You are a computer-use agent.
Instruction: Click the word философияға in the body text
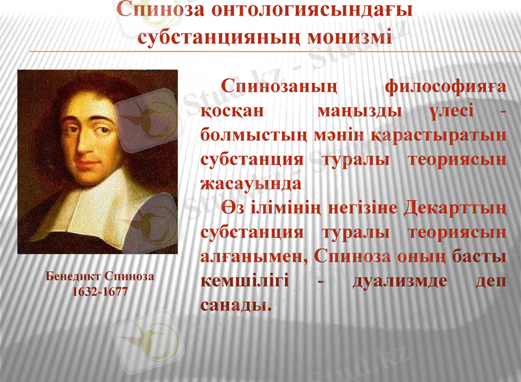[x=445, y=86]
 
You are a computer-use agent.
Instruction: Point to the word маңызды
[x=356, y=111]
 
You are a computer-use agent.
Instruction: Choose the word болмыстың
[x=247, y=135]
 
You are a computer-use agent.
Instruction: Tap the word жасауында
[x=251, y=184]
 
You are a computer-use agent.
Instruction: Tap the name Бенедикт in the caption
[x=72, y=276]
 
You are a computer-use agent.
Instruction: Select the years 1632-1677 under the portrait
[x=100, y=291]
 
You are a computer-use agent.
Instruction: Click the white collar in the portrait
[x=104, y=202]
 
